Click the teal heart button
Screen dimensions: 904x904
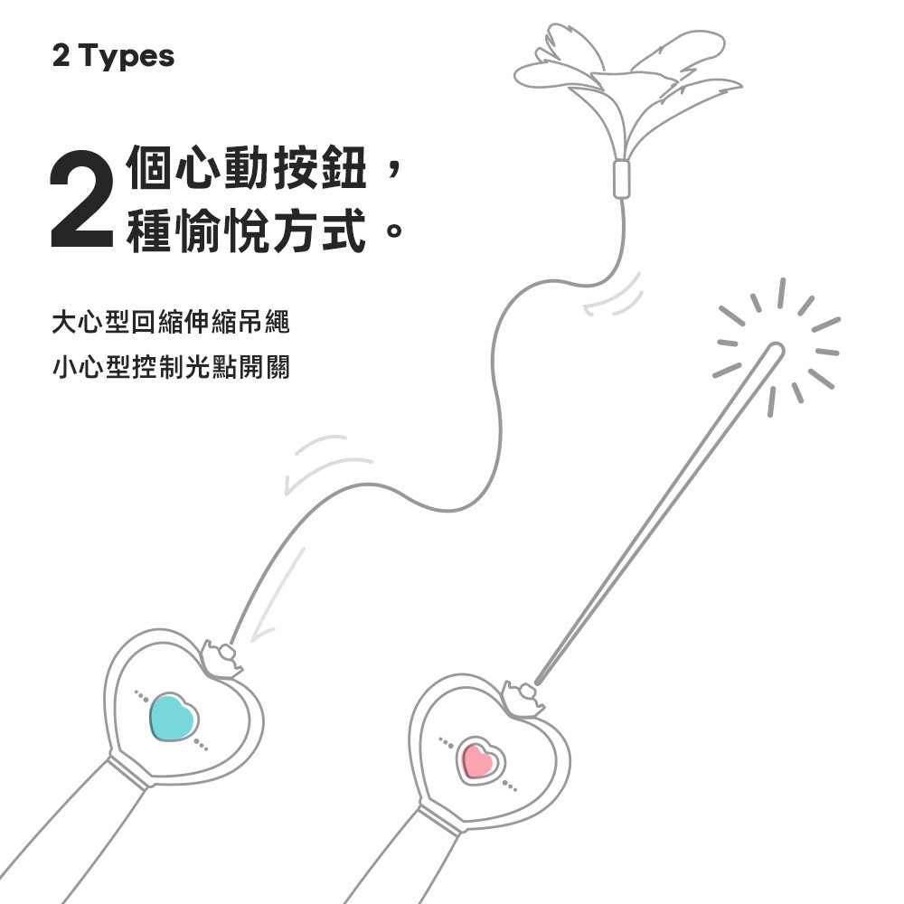point(174,717)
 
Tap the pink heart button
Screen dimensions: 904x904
point(479,760)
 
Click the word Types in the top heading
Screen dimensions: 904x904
point(127,56)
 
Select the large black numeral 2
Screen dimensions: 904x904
point(81,199)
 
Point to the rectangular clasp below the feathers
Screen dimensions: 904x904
point(622,179)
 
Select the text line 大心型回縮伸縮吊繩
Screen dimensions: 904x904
point(171,322)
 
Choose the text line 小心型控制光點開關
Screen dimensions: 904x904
point(171,367)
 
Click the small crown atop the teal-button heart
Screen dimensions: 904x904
point(222,658)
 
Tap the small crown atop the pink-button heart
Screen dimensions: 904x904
point(524,698)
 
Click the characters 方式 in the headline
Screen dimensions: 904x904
point(320,231)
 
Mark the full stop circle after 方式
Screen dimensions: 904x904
point(394,231)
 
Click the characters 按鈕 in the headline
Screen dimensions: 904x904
point(320,167)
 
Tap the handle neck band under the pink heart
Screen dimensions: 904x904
point(439,820)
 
